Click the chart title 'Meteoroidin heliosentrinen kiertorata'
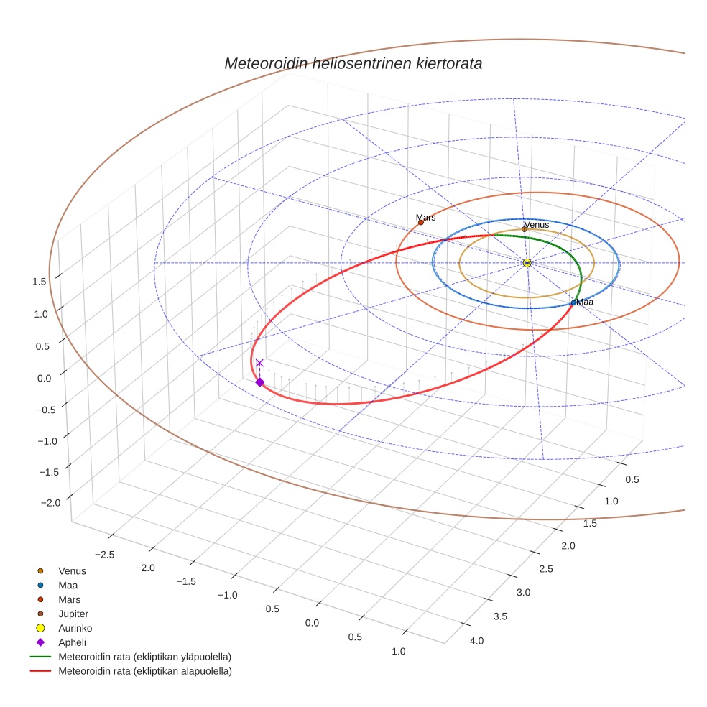pos(353,63)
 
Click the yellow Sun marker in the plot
pos(527,263)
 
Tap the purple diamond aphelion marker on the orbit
pos(259,382)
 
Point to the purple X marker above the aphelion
pos(259,363)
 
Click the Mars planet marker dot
pos(421,223)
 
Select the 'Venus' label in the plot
pos(537,225)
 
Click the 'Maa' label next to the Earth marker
pos(585,302)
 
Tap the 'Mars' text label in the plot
pos(425,217)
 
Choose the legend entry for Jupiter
pos(73,614)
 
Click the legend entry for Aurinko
pos(75,628)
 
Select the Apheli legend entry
pos(72,642)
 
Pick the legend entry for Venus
pos(72,571)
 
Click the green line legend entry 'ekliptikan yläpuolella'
pos(144,657)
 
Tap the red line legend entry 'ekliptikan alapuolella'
pos(144,671)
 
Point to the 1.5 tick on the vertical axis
pos(40,282)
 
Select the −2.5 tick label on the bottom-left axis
pos(104,555)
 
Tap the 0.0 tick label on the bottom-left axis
pos(312,622)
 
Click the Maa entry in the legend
pos(68,586)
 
